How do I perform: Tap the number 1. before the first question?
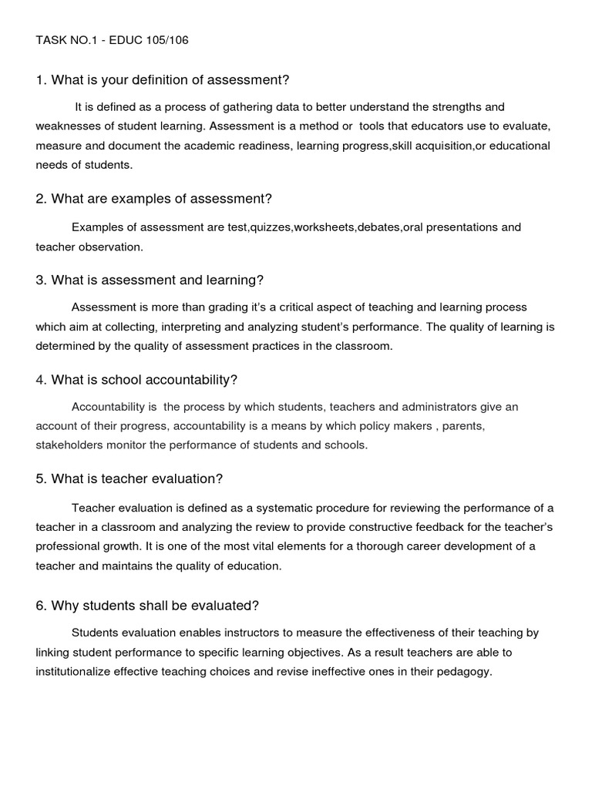[x=42, y=80]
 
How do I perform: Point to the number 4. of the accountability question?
[x=42, y=380]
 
